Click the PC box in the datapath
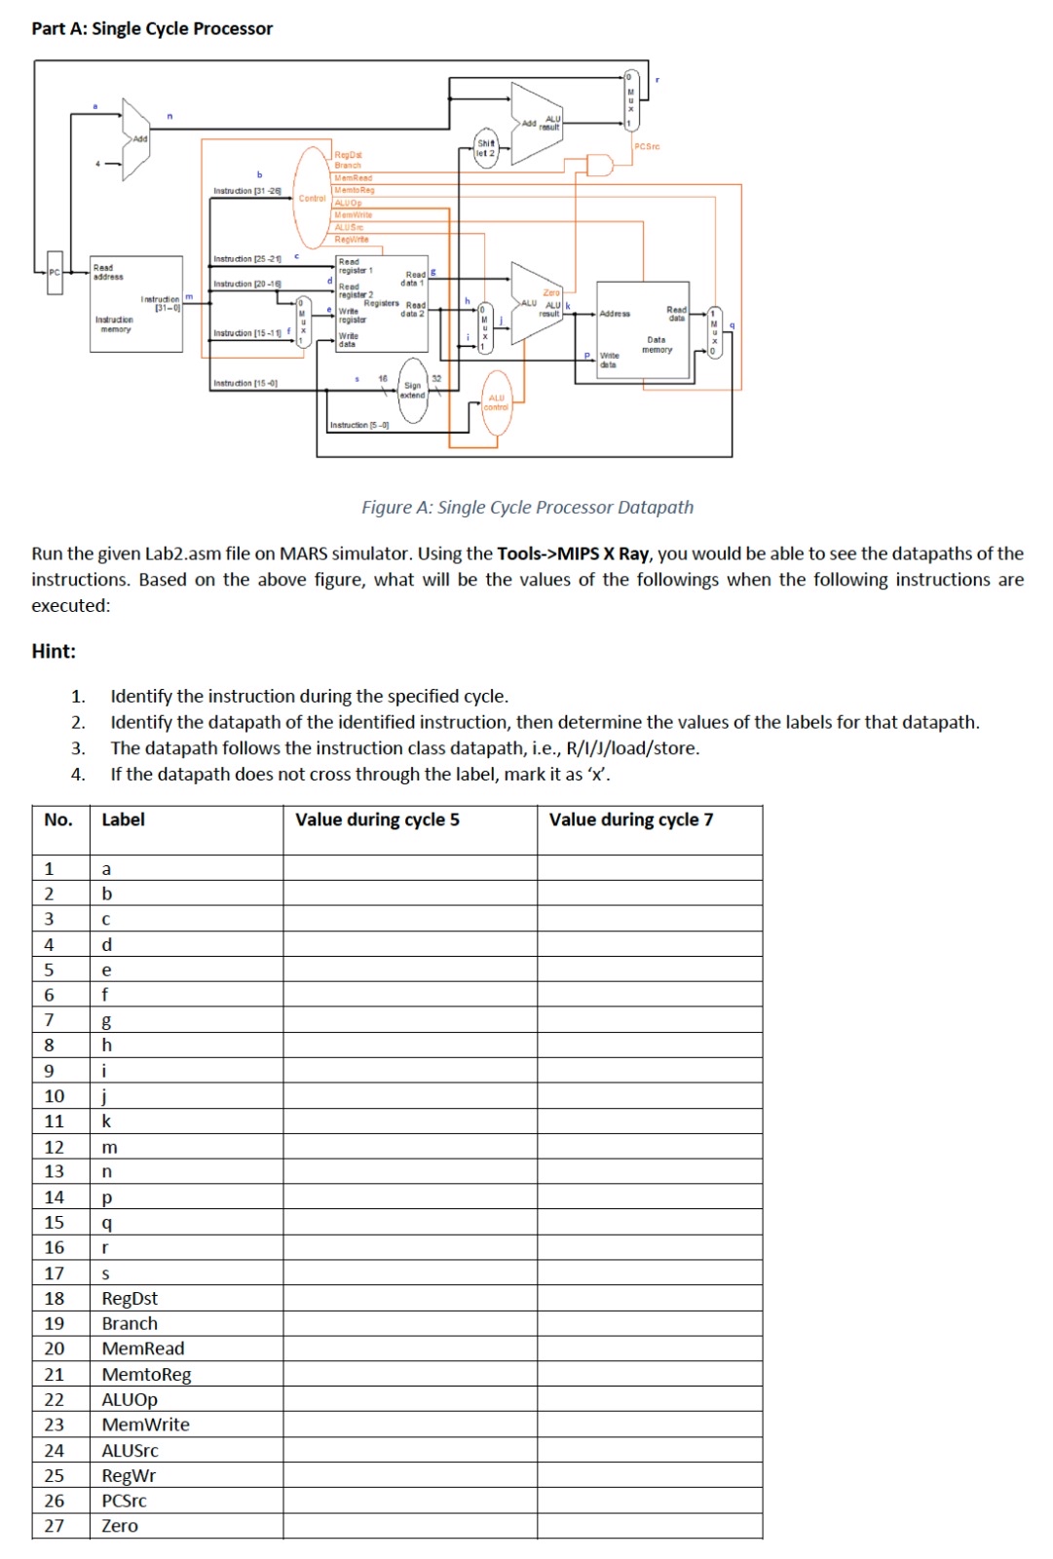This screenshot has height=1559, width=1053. pos(55,272)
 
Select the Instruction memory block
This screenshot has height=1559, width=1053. pos(135,303)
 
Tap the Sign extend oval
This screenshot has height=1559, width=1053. pos(413,391)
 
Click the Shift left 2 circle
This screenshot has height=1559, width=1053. pos(486,148)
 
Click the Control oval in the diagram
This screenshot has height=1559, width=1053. pos(313,198)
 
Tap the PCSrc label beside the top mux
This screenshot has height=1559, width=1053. pos(647,146)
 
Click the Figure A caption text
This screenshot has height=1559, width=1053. pos(527,507)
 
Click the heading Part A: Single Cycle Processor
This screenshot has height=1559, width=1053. pos(152,28)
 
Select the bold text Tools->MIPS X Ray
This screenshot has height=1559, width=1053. pos(573,553)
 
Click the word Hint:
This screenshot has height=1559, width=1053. pos(54,651)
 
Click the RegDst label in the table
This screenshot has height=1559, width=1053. pos(130,1298)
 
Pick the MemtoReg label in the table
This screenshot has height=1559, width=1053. pos(146,1374)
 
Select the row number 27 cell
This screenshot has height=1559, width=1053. pos(55,1526)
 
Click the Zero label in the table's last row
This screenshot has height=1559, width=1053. pos(120,1526)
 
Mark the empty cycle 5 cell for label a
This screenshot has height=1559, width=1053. pos(409,868)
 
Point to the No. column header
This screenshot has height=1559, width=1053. pos(58,819)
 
